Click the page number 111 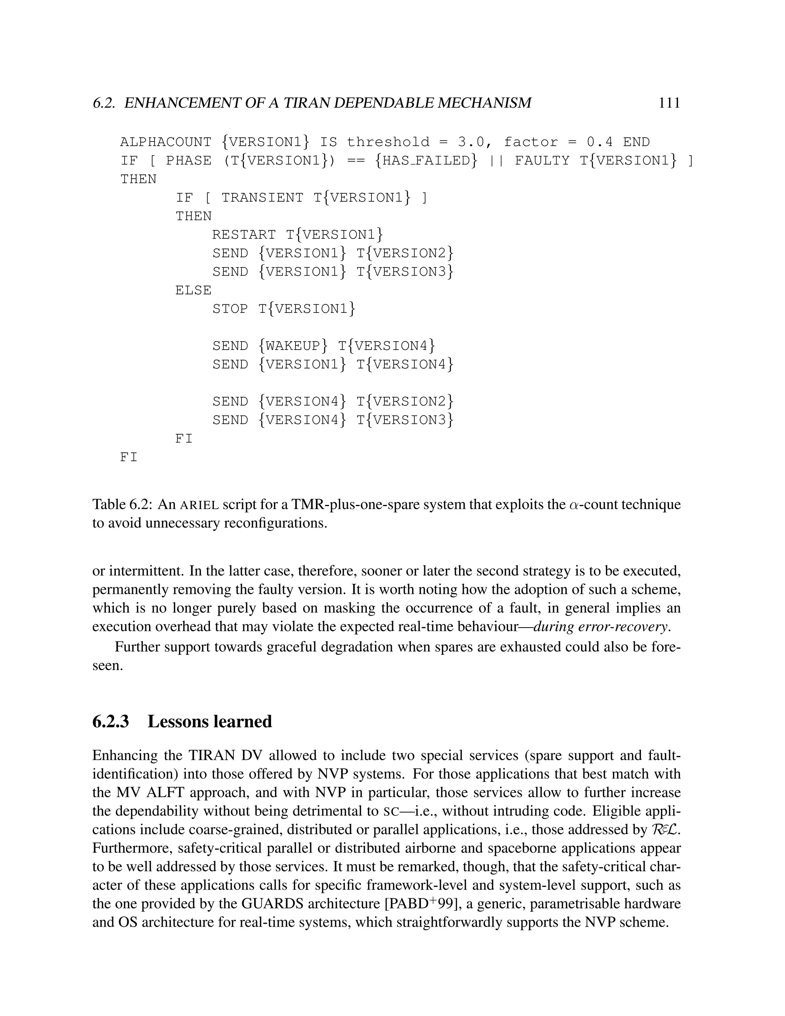click(x=669, y=103)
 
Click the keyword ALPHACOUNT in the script click(x=166, y=142)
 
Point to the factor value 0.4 click(x=599, y=142)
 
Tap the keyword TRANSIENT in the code click(x=262, y=198)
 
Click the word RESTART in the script click(x=244, y=235)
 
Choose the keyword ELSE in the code click(x=193, y=290)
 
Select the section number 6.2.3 click(x=111, y=722)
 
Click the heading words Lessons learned click(x=209, y=722)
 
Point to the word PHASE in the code click(x=188, y=161)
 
